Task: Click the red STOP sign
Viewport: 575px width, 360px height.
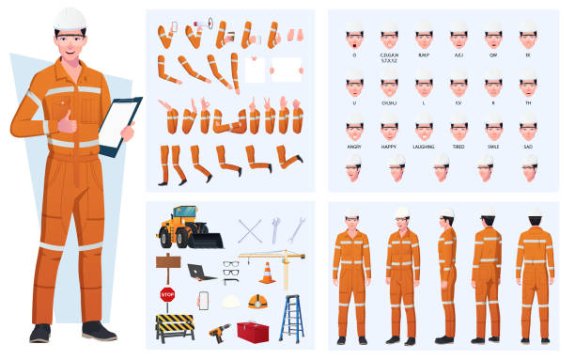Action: point(168,294)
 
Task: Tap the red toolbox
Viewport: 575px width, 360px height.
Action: point(252,331)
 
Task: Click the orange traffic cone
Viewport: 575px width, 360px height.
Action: point(267,274)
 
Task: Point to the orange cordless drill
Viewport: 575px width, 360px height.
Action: point(219,332)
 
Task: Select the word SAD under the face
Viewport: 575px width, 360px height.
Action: point(528,147)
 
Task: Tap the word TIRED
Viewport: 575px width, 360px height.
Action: point(458,147)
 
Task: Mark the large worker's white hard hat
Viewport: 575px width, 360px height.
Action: point(70,18)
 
